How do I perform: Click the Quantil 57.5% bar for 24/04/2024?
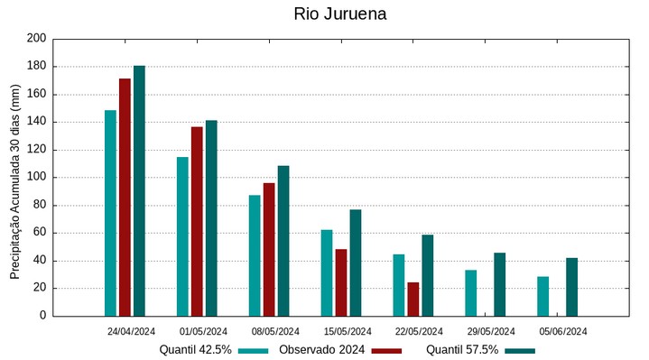[139, 190]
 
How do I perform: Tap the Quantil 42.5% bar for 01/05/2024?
[182, 236]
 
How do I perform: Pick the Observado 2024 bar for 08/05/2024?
[269, 249]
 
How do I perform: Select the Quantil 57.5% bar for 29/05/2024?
[499, 284]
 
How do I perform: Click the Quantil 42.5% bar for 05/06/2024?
[542, 296]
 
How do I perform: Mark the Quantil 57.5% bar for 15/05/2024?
[356, 263]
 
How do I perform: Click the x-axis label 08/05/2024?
[275, 331]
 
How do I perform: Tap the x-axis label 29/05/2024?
[492, 331]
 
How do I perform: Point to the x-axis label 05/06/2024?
[563, 331]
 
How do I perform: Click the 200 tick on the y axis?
[36, 39]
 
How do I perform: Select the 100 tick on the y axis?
[36, 178]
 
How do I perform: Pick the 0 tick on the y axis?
[42, 316]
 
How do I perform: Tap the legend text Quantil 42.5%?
[195, 349]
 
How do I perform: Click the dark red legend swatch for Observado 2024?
[386, 350]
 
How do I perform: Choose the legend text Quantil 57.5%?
[461, 349]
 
